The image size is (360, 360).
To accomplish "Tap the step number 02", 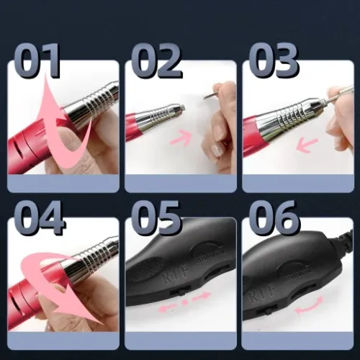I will tap(155, 60).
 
